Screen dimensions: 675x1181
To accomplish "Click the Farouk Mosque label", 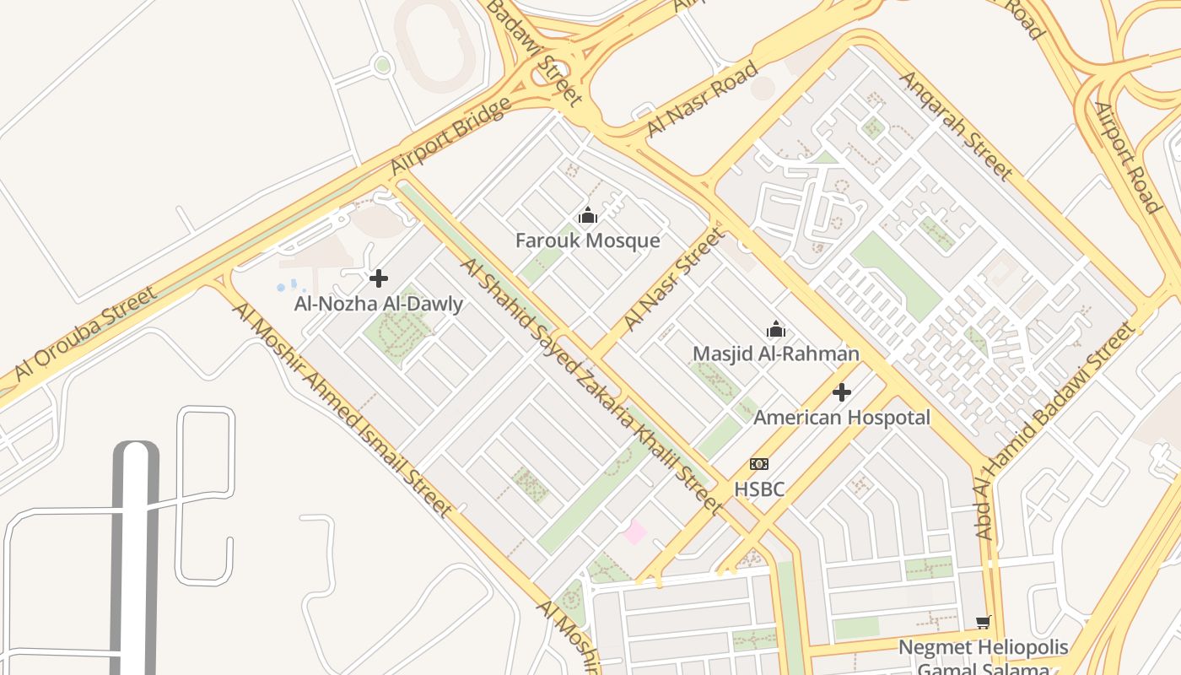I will pos(588,241).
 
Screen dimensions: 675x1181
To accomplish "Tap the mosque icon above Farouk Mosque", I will pos(588,216).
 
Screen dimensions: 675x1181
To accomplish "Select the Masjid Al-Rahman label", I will pos(775,354).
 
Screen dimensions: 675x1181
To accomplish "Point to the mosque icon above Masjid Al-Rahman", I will pos(775,329).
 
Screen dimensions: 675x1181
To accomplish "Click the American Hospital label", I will pos(841,418).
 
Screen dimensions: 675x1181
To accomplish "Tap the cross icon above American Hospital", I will pos(841,392).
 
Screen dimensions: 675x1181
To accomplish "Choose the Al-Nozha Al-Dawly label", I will pos(379,304).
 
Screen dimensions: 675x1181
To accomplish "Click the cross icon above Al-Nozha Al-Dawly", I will pos(379,278).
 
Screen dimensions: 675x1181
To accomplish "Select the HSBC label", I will pos(759,489).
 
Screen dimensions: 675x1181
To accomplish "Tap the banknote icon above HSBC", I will pos(759,464).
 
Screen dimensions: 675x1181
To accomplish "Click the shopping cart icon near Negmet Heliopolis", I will pos(983,623).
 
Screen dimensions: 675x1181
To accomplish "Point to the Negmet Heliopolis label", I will pos(983,648).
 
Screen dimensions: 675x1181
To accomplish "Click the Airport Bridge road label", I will pos(451,137).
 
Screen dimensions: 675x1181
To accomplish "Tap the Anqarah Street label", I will pos(956,126).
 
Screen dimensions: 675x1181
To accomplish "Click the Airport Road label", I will pos(1127,157).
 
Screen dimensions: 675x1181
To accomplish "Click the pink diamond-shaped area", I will pos(634,532).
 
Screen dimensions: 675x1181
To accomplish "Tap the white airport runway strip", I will pos(135,557).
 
